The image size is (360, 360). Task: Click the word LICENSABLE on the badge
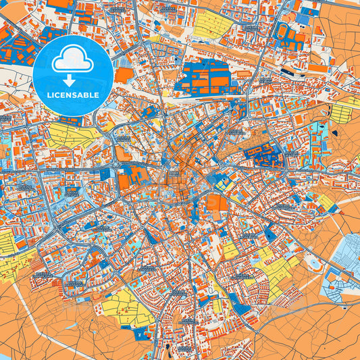coord(73,95)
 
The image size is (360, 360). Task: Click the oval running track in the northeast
coord(288,70)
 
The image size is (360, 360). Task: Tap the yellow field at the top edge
coord(213,24)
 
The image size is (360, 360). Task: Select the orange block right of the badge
coord(124,75)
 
